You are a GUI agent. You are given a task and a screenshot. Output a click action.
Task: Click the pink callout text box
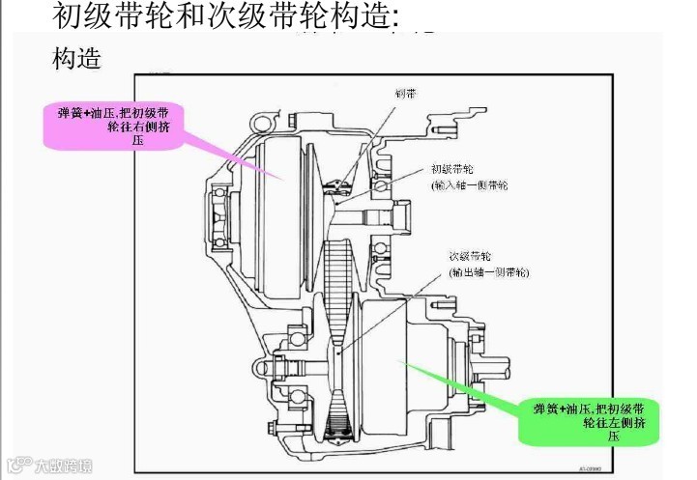pyautogui.click(x=114, y=125)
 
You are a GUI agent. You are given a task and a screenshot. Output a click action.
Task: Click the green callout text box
pyautogui.click(x=589, y=422)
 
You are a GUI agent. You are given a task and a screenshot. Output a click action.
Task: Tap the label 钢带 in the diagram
pyautogui.click(x=405, y=94)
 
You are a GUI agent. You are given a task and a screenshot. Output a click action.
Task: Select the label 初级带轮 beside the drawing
pyautogui.click(x=450, y=167)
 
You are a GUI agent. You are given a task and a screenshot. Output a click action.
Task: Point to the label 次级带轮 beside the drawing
pyautogui.click(x=470, y=257)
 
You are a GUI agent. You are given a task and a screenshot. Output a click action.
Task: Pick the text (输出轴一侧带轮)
pyautogui.click(x=489, y=273)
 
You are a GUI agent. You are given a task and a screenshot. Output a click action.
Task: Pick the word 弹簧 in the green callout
pyautogui.click(x=547, y=409)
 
